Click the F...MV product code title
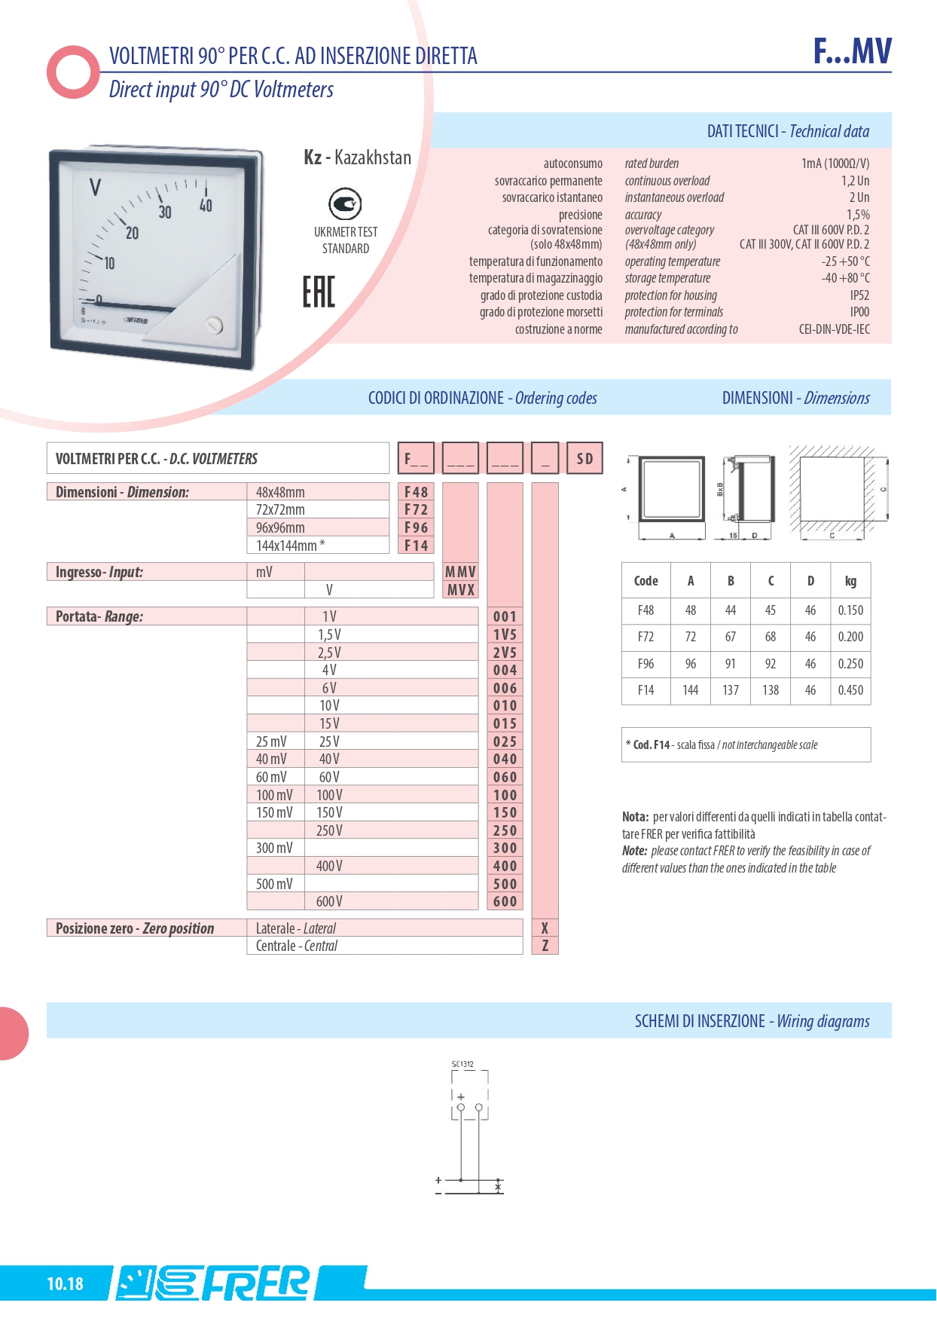pyautogui.click(x=852, y=51)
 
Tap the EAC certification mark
pyautogui.click(x=319, y=292)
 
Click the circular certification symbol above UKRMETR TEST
pyautogui.click(x=345, y=204)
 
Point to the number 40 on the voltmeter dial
pyautogui.click(x=206, y=205)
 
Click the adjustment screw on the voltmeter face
pyautogui.click(x=215, y=325)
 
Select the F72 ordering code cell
pyautogui.click(x=416, y=510)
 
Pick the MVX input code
pyautogui.click(x=460, y=590)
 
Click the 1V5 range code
pyautogui.click(x=505, y=634)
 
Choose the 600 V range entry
pyautogui.click(x=329, y=901)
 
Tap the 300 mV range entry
pyautogui.click(x=274, y=848)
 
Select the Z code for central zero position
pyautogui.click(x=545, y=946)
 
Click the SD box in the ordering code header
pyautogui.click(x=584, y=458)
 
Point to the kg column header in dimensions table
pyautogui.click(x=850, y=581)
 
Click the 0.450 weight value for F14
pyautogui.click(x=850, y=690)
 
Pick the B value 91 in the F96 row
pyautogui.click(x=730, y=664)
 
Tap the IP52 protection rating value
pyautogui.click(x=859, y=295)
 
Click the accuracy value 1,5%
pyautogui.click(x=858, y=215)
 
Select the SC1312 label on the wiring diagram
pyautogui.click(x=462, y=1064)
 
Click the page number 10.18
pyautogui.click(x=65, y=1283)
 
